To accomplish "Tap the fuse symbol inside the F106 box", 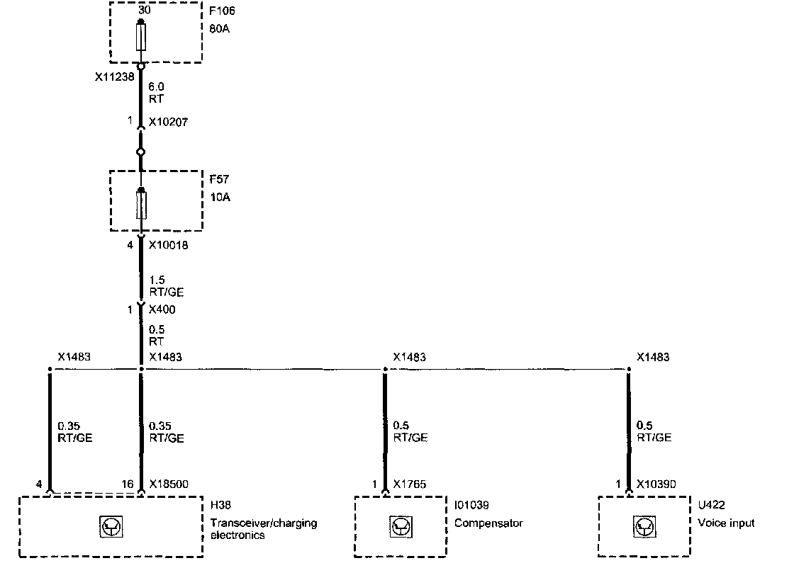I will point(141,37).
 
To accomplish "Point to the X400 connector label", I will point(163,309).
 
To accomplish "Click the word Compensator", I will point(488,523).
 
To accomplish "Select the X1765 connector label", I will point(410,485).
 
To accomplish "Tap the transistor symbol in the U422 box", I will point(644,526).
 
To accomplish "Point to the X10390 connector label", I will point(656,485).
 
